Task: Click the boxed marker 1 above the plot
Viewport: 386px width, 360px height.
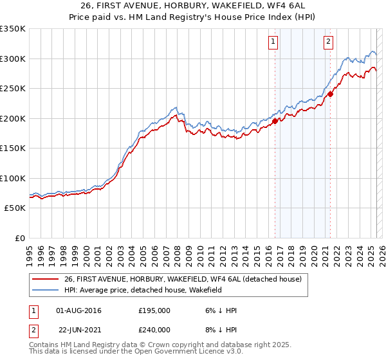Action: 273,42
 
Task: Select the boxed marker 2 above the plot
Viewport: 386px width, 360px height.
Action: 328,42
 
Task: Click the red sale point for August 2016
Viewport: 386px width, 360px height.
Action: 275,120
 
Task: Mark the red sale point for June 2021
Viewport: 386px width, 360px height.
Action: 330,93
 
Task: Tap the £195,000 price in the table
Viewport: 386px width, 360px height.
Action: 154,310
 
